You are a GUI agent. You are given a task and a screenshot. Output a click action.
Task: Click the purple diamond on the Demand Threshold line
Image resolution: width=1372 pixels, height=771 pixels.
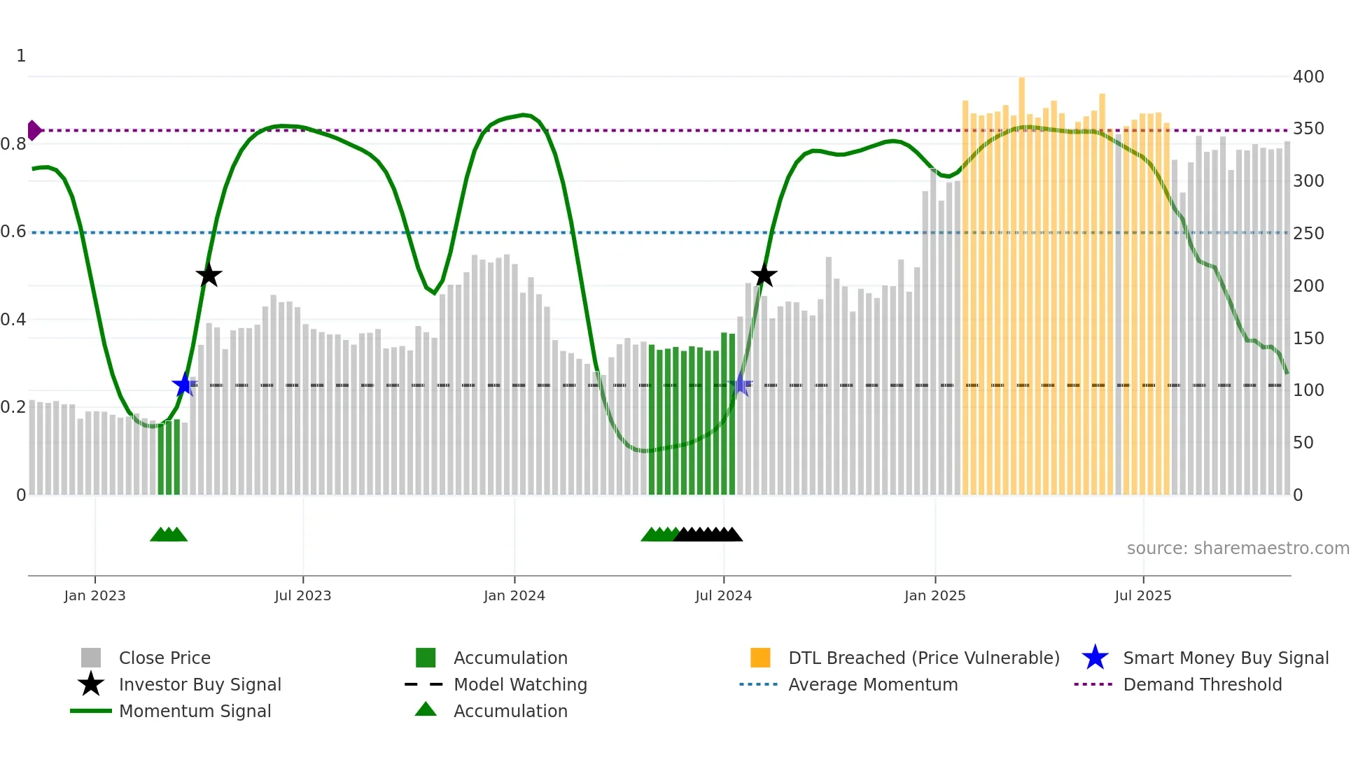pos(34,130)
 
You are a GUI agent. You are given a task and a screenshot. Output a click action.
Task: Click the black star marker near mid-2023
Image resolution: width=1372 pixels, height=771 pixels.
pos(209,276)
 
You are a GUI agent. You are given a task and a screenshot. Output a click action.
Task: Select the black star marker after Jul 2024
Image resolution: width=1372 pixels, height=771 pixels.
pos(764,276)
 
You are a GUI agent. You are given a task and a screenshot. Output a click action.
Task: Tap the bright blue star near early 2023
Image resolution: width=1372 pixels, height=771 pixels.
pos(184,384)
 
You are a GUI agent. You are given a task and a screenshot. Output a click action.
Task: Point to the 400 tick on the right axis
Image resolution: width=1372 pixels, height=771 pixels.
pos(1308,77)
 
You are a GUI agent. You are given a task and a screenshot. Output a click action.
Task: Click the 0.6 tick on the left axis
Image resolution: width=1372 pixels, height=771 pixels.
pos(14,232)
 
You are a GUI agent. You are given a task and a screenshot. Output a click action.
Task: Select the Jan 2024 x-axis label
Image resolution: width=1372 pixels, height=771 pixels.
pos(514,596)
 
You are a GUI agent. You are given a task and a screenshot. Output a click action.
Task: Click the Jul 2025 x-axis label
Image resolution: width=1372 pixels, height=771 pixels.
pos(1142,596)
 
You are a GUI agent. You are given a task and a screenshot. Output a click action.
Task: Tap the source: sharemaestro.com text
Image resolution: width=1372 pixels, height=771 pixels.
pos(1238,549)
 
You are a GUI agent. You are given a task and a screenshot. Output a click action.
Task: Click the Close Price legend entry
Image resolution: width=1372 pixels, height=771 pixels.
pos(164,658)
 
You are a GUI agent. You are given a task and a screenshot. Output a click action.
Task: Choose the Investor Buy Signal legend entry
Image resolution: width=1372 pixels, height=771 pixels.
pos(199,685)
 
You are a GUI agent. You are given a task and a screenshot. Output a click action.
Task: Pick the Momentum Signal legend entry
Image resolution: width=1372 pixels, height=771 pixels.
pos(195,712)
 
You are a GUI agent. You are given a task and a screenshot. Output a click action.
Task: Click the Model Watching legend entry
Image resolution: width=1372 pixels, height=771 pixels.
pos(520,685)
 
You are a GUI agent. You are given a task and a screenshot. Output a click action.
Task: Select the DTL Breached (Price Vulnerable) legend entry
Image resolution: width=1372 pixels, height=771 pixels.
pos(923,658)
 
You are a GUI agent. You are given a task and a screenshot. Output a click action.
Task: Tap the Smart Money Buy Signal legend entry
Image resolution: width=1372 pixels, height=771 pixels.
pos(1225,658)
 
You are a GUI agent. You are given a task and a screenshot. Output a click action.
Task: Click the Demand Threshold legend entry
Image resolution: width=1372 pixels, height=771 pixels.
pos(1202,685)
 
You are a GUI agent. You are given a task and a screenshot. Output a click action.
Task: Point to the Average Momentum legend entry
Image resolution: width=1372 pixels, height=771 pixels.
pos(872,685)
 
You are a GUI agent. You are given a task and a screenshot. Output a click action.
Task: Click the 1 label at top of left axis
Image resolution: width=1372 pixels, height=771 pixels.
pos(21,56)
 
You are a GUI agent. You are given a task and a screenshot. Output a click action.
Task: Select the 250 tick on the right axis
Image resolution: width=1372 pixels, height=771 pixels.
pos(1308,234)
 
